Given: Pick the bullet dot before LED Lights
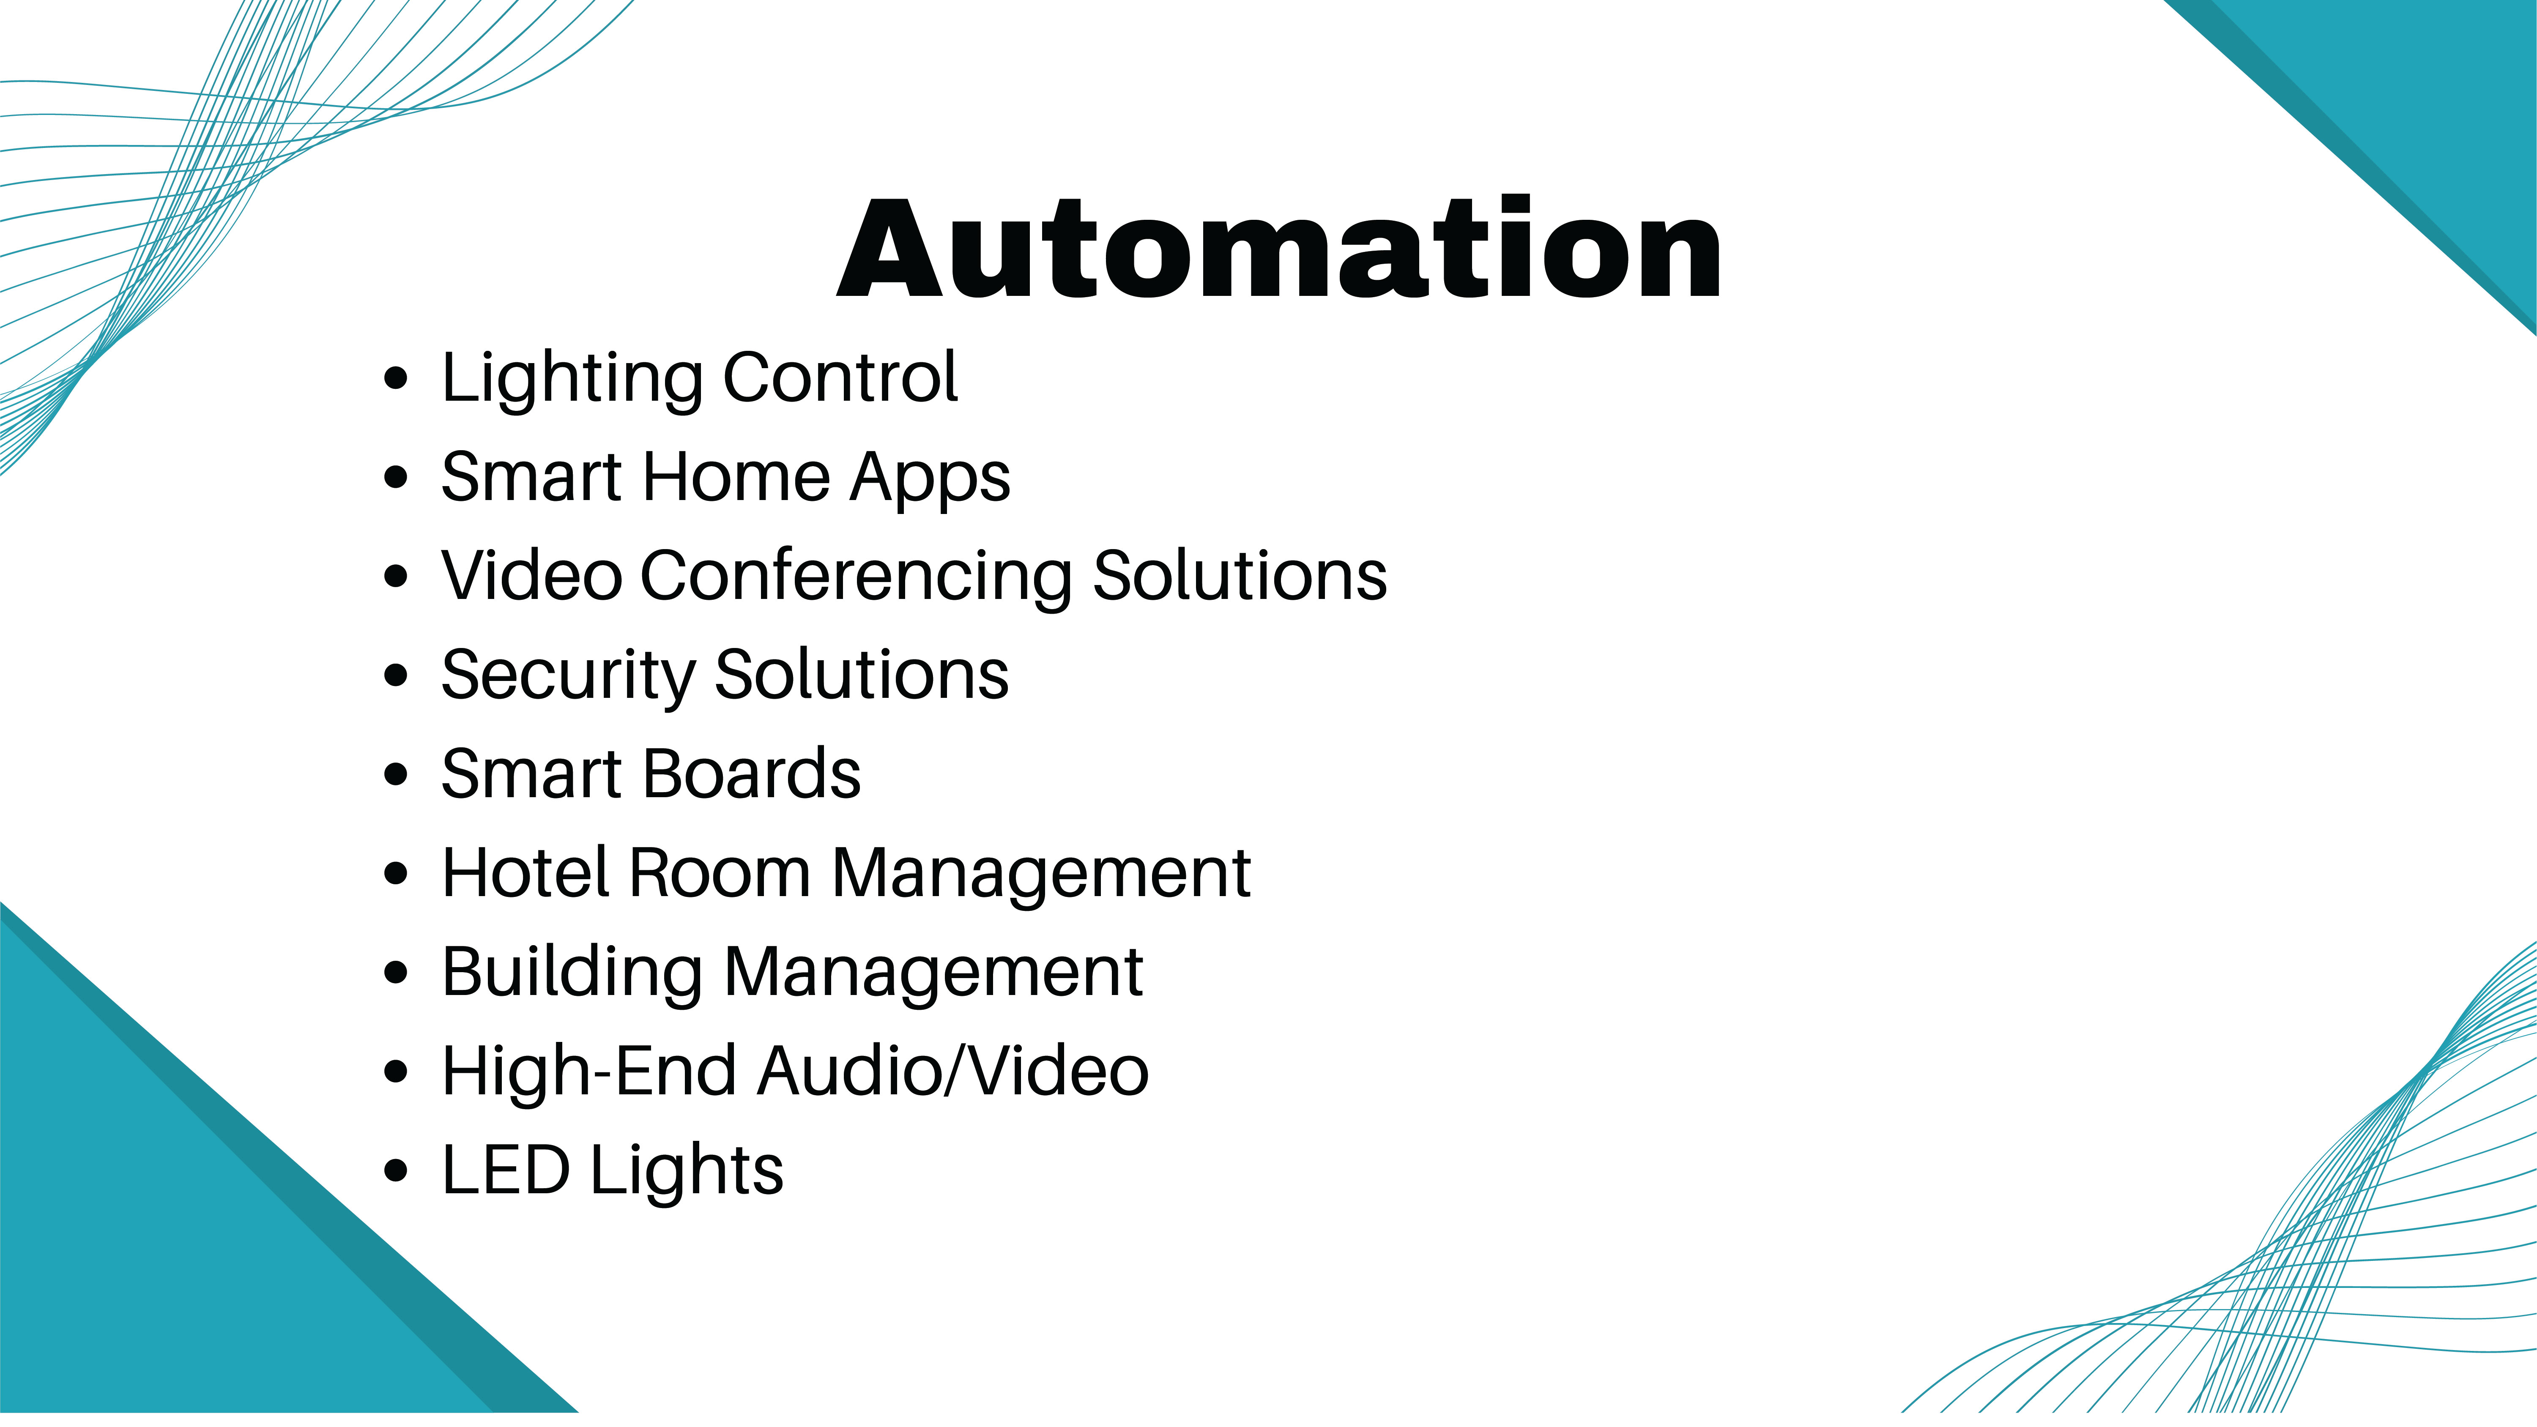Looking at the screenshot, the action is pos(396,1171).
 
